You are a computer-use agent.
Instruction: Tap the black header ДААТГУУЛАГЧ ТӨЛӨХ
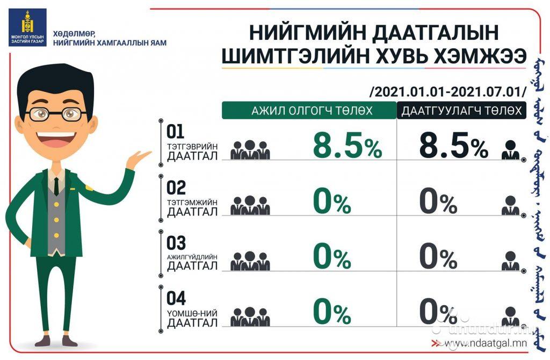point(461,111)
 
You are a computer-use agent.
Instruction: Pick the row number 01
point(176,132)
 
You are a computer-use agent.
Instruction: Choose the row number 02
point(176,188)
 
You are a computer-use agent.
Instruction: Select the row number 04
point(176,298)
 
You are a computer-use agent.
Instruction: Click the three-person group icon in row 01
point(250,150)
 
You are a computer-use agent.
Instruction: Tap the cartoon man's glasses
point(58,114)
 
